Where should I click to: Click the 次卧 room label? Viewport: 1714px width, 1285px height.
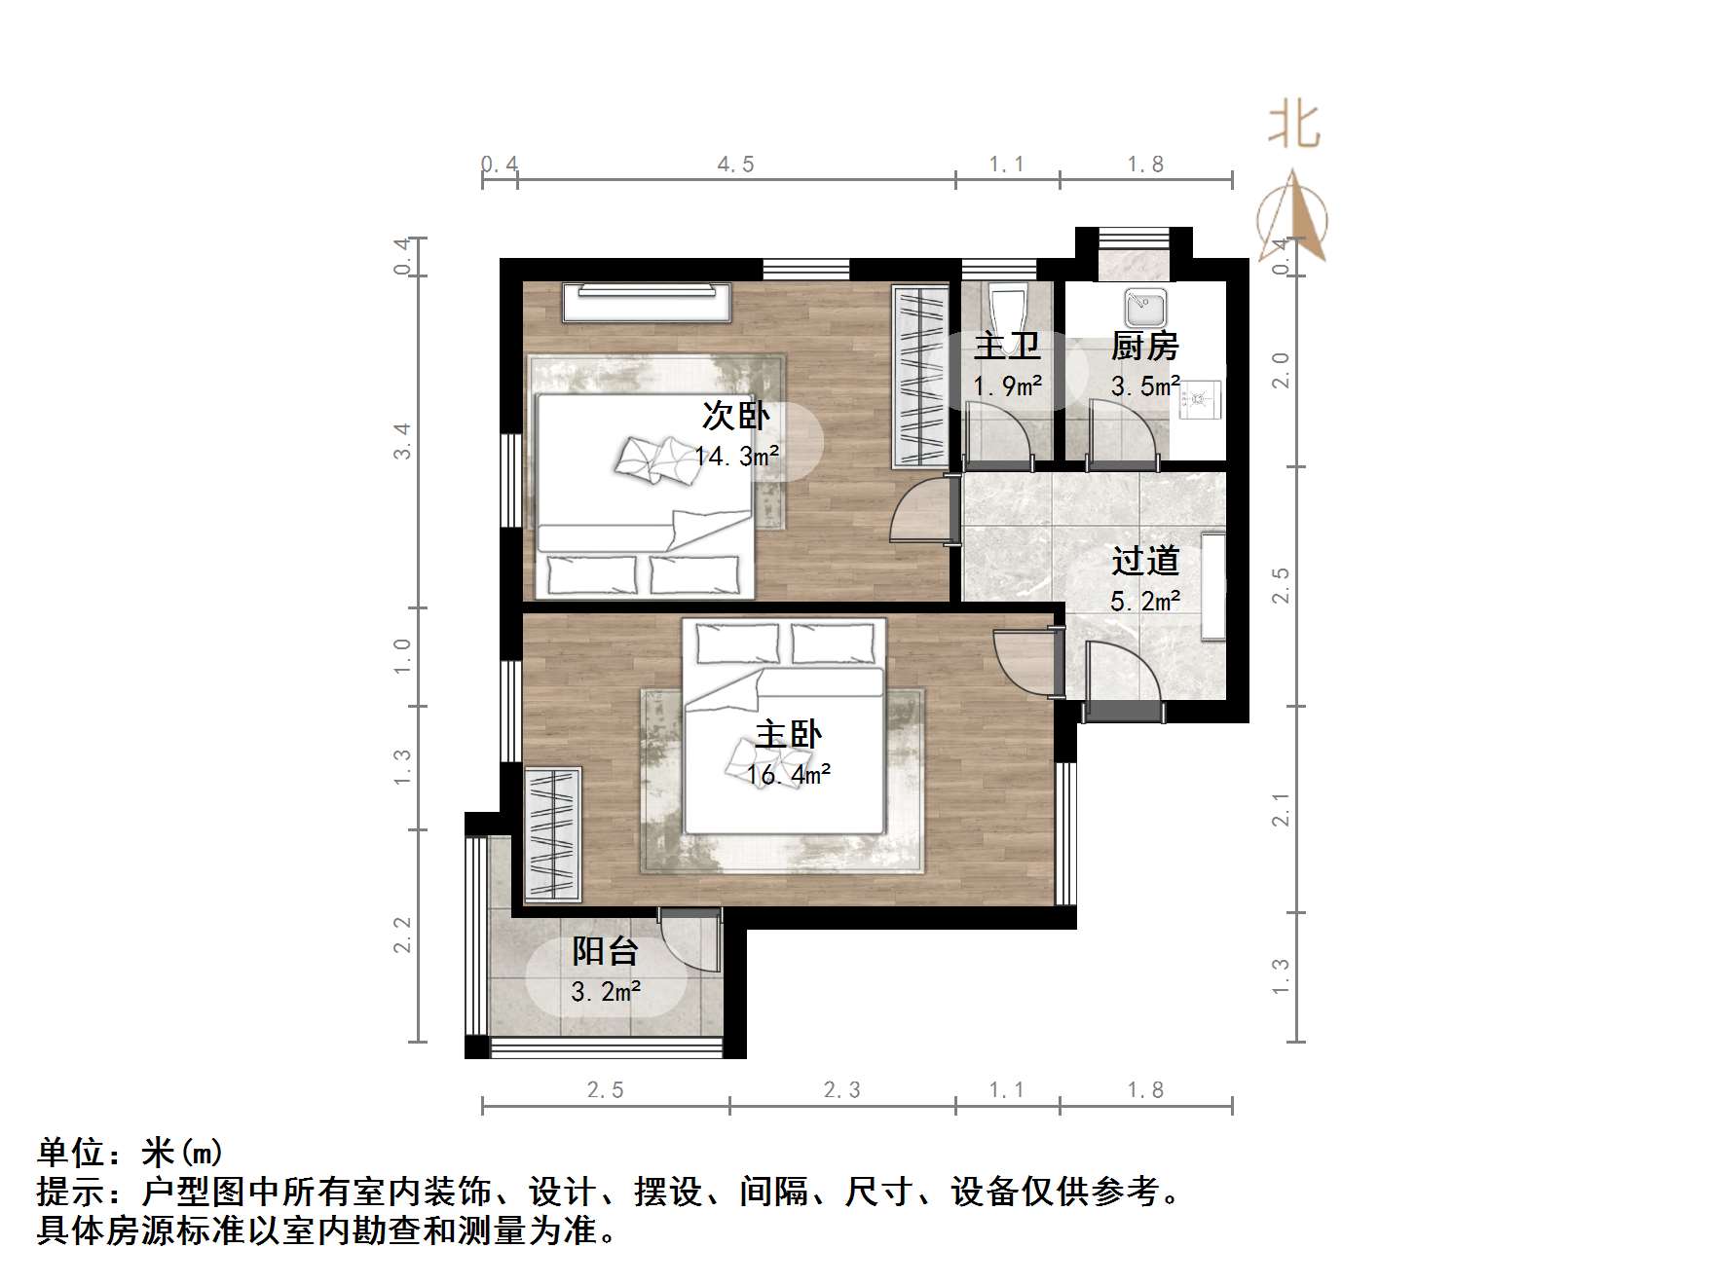(735, 416)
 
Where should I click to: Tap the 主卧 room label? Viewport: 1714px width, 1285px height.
(788, 734)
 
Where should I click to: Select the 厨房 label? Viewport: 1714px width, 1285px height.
(1144, 346)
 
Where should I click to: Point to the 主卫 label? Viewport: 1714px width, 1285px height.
(1007, 346)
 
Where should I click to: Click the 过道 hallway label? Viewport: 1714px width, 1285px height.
(1145, 561)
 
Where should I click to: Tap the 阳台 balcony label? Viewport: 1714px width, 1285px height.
(605, 951)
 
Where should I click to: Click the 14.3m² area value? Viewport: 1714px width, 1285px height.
(736, 456)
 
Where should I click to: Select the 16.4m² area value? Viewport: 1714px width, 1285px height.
(788, 775)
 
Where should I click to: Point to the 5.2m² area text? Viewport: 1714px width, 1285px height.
(1145, 602)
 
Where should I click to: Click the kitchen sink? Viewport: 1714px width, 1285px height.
(1145, 308)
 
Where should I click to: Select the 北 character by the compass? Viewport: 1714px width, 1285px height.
(1293, 127)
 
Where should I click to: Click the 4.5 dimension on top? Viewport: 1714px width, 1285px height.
(735, 165)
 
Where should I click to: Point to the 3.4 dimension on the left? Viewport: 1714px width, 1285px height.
(402, 441)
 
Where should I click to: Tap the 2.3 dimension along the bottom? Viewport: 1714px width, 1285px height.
(841, 1090)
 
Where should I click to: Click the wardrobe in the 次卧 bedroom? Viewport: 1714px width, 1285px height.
(920, 376)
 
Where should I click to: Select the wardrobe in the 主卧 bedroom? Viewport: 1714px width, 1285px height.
(552, 833)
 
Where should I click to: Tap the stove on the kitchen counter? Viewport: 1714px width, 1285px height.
(1200, 398)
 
